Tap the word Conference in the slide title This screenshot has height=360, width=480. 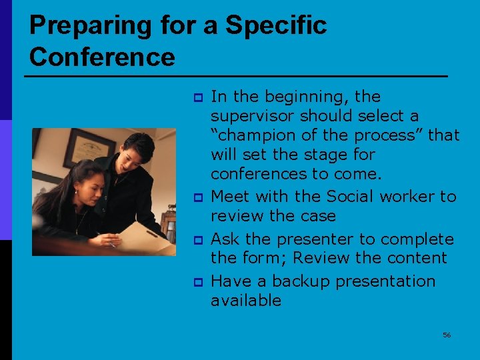pyautogui.click(x=102, y=57)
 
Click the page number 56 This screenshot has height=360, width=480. pyautogui.click(x=447, y=335)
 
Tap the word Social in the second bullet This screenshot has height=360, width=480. pyautogui.click(x=351, y=197)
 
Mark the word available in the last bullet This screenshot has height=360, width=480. pyautogui.click(x=246, y=301)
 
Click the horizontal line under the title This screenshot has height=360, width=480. pyautogui.click(x=236, y=77)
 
